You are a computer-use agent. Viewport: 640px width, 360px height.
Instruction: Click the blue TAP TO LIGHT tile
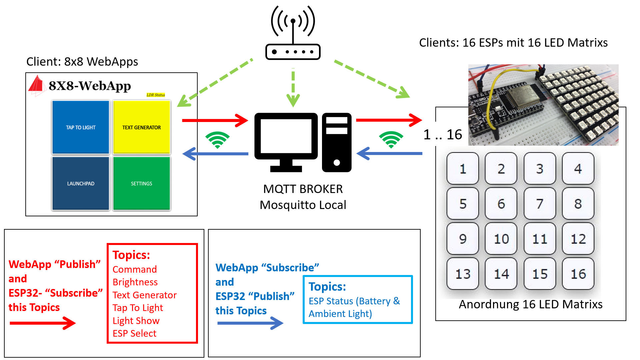pyautogui.click(x=81, y=127)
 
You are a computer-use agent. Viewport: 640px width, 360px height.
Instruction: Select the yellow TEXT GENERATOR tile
pyautogui.click(x=142, y=127)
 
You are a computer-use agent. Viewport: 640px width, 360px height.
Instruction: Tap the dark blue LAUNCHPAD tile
pyautogui.click(x=81, y=183)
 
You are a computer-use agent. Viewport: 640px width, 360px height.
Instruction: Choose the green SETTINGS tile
pyautogui.click(x=142, y=183)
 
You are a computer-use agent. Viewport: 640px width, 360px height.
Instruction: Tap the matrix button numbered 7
pyautogui.click(x=540, y=203)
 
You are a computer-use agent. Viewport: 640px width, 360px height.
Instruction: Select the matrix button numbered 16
pyautogui.click(x=578, y=274)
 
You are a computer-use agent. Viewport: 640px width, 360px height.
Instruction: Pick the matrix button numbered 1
pyautogui.click(x=463, y=169)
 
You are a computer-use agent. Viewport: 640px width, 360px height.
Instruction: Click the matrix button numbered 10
pyautogui.click(x=501, y=239)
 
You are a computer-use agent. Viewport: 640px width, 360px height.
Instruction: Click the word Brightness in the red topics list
pyautogui.click(x=135, y=282)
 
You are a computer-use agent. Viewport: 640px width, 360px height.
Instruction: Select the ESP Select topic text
pyautogui.click(x=134, y=333)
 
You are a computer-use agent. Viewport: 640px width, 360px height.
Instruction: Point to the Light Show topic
pyautogui.click(x=136, y=321)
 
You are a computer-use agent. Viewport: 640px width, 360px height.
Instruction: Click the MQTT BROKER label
pyautogui.click(x=303, y=189)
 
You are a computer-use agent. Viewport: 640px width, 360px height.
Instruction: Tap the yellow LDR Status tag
pyautogui.click(x=156, y=95)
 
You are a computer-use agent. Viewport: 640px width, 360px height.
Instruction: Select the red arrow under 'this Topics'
pyautogui.click(x=43, y=323)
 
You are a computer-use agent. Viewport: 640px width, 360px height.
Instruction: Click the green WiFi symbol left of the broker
pyautogui.click(x=217, y=139)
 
